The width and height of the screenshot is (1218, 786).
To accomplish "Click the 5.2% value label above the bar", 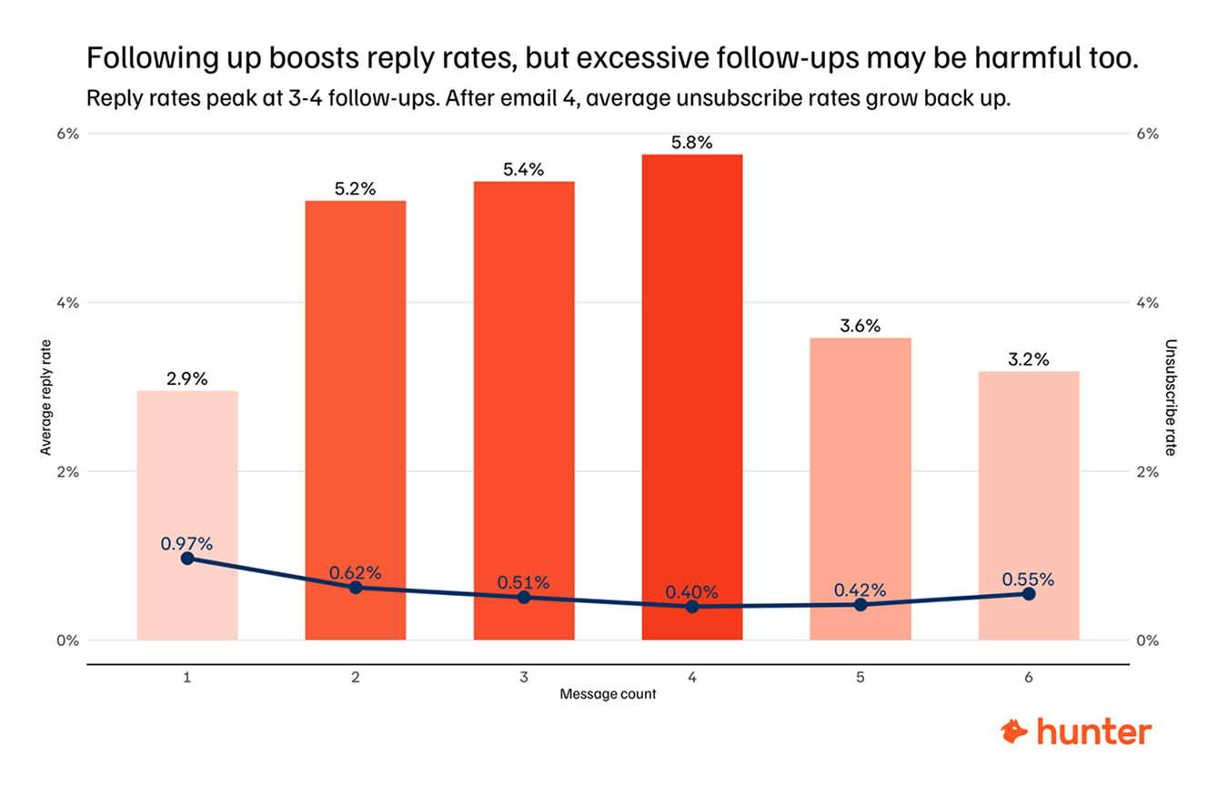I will pyautogui.click(x=355, y=189).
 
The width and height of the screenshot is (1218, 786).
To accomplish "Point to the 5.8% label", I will pyautogui.click(x=692, y=143).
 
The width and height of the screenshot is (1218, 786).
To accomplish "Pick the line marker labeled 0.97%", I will pyautogui.click(x=187, y=558).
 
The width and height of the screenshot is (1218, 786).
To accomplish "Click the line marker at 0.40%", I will pyautogui.click(x=692, y=606).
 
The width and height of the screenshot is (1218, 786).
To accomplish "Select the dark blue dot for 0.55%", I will pyautogui.click(x=1029, y=593).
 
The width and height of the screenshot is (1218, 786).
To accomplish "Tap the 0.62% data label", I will pyautogui.click(x=356, y=572).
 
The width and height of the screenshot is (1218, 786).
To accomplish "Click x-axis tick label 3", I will pyautogui.click(x=524, y=678).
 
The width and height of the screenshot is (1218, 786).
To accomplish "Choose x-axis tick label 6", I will pyautogui.click(x=1029, y=678).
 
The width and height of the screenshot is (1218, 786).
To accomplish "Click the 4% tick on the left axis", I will pyautogui.click(x=69, y=302).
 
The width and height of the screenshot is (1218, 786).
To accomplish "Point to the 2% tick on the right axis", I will pyautogui.click(x=1148, y=471).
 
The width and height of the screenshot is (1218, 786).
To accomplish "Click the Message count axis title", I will pyautogui.click(x=608, y=695).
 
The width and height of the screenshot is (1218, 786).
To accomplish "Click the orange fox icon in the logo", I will pyautogui.click(x=1014, y=731).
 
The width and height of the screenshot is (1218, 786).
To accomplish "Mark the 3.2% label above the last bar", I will pyautogui.click(x=1029, y=359).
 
